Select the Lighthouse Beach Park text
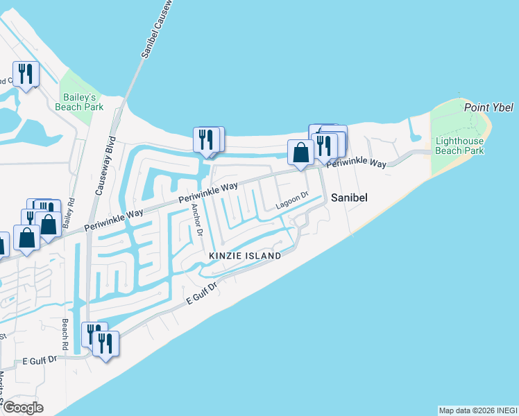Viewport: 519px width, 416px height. click(x=459, y=146)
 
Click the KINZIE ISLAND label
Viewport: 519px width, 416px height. click(x=246, y=256)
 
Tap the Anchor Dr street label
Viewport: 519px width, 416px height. click(x=196, y=220)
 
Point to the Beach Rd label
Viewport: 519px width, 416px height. click(x=65, y=334)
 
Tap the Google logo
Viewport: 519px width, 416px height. click(x=22, y=408)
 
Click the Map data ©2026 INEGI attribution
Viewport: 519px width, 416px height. click(x=478, y=410)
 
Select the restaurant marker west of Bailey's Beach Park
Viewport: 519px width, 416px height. click(x=26, y=73)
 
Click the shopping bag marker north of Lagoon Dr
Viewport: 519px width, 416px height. click(x=300, y=152)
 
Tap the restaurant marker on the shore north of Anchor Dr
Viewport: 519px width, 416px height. click(x=205, y=139)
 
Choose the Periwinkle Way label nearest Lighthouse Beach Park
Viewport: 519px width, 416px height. click(x=356, y=164)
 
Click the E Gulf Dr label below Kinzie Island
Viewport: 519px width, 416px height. click(x=202, y=300)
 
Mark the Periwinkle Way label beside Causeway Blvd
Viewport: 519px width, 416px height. click(x=114, y=220)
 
